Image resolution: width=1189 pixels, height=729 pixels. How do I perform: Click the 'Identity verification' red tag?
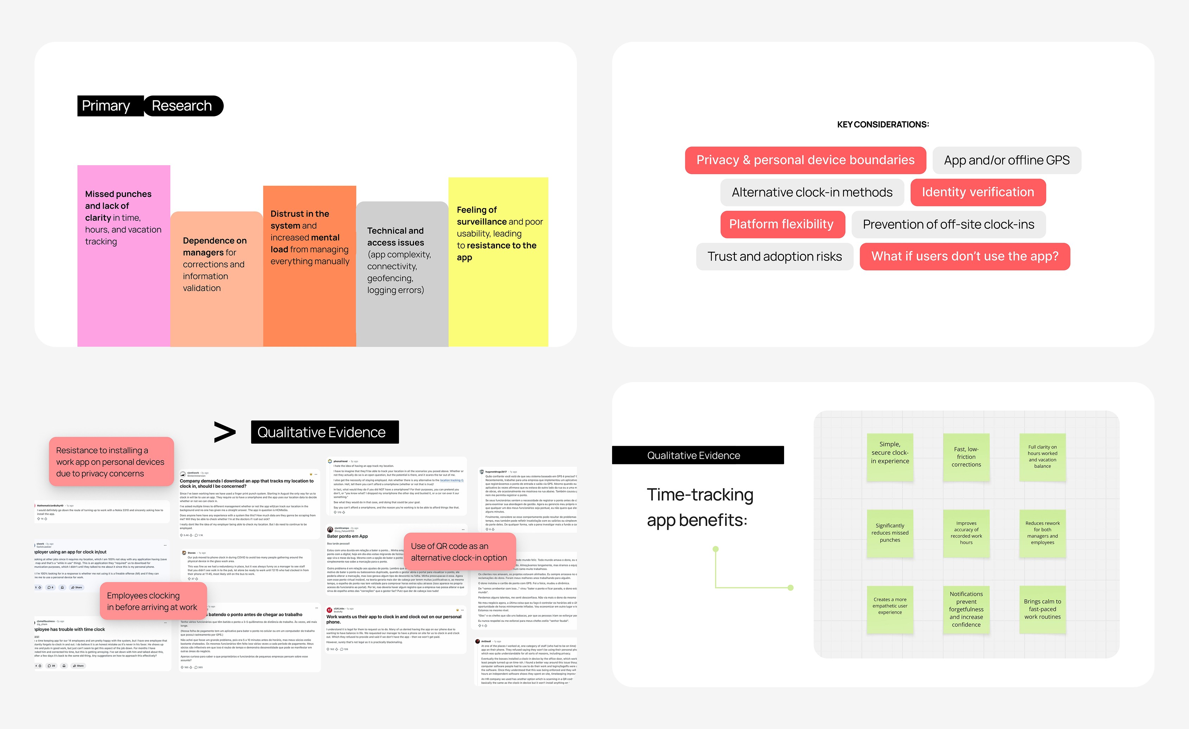(x=978, y=192)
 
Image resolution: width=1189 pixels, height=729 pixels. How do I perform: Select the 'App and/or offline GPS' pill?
(x=1006, y=160)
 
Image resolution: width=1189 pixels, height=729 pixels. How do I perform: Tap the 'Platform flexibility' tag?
(x=782, y=224)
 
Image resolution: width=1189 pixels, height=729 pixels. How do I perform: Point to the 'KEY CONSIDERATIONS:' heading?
(x=883, y=124)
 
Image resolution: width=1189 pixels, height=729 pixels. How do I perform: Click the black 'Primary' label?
(x=106, y=105)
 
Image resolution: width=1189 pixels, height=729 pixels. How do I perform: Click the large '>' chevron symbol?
(x=225, y=432)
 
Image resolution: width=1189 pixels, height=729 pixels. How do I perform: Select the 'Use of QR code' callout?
(x=459, y=551)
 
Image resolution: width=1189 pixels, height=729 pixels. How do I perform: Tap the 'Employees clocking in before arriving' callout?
(x=152, y=601)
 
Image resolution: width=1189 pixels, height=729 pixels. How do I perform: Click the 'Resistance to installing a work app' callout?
(x=110, y=462)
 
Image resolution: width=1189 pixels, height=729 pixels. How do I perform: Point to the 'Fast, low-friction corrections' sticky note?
(x=966, y=457)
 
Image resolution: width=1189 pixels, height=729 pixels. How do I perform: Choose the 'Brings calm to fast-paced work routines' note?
(x=1042, y=609)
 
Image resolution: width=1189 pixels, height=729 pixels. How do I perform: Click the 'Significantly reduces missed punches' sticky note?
(x=890, y=533)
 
